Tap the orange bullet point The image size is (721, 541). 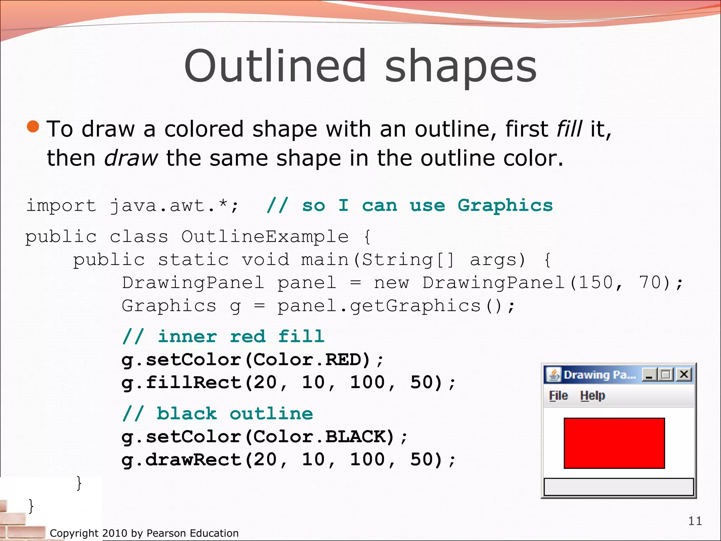(x=33, y=126)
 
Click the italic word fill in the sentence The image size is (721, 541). (x=569, y=129)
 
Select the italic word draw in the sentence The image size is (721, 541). (x=131, y=158)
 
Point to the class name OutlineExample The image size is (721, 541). (x=265, y=237)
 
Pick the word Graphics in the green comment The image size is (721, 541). (x=505, y=205)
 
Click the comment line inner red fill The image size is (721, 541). (x=223, y=336)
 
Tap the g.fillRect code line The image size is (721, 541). (x=288, y=383)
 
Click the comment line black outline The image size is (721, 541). (x=217, y=413)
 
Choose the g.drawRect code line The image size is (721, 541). (x=288, y=460)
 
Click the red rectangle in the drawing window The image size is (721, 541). (x=614, y=443)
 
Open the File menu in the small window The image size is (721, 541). (x=558, y=396)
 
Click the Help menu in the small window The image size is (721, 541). (x=593, y=396)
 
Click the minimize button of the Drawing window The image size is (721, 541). (x=649, y=374)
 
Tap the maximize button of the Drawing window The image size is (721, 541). (x=666, y=374)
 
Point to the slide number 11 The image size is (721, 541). (x=695, y=521)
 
